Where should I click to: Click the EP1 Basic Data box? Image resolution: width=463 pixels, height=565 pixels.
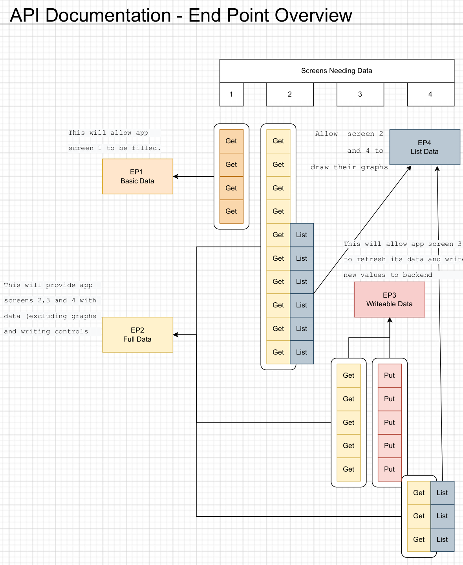(x=137, y=176)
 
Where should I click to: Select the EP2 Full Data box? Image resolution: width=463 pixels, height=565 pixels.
(x=137, y=335)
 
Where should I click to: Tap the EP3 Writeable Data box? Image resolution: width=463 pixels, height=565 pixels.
(x=390, y=300)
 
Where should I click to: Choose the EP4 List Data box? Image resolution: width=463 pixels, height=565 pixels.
(x=425, y=147)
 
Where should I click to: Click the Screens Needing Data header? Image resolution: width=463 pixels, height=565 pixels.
(x=337, y=71)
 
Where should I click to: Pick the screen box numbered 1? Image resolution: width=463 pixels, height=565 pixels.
(x=231, y=94)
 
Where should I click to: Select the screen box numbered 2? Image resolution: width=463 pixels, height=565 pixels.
(x=290, y=94)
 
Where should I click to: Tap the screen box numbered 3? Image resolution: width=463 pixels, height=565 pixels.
(x=360, y=94)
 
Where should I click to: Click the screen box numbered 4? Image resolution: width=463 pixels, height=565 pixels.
(x=430, y=94)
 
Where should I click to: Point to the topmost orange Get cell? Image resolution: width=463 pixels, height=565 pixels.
(x=231, y=141)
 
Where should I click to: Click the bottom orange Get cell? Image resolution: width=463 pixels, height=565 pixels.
(x=231, y=211)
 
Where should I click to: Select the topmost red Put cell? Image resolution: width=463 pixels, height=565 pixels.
(x=390, y=375)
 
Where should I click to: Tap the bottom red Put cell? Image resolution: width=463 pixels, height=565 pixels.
(x=390, y=469)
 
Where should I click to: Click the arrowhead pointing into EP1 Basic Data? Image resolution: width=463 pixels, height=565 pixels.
(x=176, y=176)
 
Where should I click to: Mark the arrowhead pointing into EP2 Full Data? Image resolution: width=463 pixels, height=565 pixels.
(x=176, y=335)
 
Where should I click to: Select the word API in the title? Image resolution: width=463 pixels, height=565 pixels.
(x=24, y=15)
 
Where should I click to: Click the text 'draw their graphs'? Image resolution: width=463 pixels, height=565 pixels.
(x=349, y=167)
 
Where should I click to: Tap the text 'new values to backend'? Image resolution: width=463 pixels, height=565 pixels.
(x=388, y=275)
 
